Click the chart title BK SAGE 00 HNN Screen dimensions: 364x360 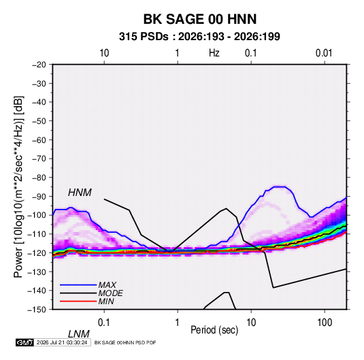pos(200,19)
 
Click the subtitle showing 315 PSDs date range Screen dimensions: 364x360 pos(199,37)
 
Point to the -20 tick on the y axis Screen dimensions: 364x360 pos(39,65)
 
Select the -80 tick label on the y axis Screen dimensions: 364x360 pos(39,178)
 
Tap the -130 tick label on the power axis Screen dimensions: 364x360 pos(37,272)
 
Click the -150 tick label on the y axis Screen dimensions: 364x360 pos(37,310)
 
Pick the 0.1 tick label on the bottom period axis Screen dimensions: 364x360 pos(104,323)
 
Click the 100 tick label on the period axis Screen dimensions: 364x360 pos(325,323)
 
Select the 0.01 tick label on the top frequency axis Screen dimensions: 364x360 pos(324,53)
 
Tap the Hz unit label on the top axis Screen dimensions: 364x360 pos(214,53)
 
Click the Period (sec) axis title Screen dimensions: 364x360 pos(214,330)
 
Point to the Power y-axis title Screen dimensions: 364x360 pos(18,187)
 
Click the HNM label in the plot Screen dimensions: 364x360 pos(80,193)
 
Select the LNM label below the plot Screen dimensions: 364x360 pos(78,334)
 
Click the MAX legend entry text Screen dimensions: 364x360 pos(107,284)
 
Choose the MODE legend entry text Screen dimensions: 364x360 pos(110,293)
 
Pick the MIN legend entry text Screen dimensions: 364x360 pos(106,301)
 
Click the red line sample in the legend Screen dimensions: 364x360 pos(78,301)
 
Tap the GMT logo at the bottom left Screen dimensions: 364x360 pos(24,342)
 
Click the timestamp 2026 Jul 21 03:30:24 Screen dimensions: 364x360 pos(62,342)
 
